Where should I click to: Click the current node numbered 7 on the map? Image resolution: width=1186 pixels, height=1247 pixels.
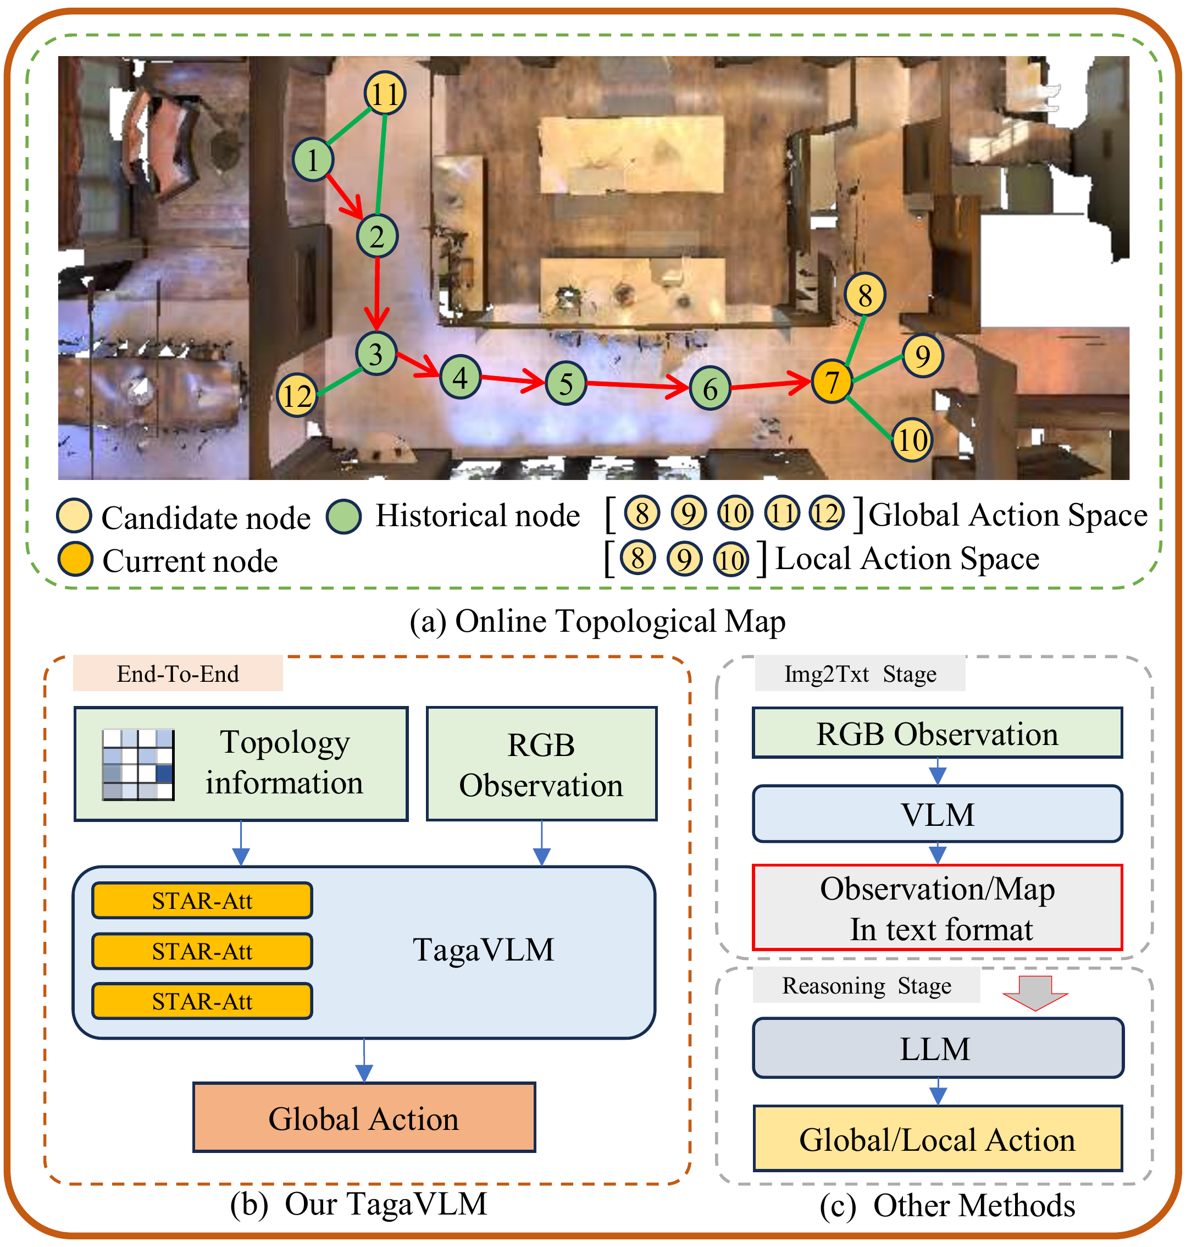(832, 382)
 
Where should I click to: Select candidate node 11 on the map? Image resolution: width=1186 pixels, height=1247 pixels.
(384, 93)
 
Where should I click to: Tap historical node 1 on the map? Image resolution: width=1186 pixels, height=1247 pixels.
(313, 159)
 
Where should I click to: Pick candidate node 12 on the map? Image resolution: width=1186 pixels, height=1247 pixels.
(297, 396)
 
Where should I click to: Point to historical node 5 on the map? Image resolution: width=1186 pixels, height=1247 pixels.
(566, 383)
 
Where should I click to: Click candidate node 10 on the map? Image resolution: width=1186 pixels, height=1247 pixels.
(912, 439)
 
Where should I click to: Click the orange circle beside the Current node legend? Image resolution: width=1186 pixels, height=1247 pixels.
(76, 559)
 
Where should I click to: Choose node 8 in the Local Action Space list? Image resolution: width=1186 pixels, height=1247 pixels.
(638, 559)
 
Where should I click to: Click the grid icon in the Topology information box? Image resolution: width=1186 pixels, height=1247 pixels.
(138, 764)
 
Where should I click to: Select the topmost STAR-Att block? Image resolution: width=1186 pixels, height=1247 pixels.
(202, 900)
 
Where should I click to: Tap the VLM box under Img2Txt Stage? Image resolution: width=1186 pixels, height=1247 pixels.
(937, 814)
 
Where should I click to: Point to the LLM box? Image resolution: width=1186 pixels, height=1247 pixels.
(937, 1049)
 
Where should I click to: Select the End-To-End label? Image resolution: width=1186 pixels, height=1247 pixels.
(178, 674)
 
